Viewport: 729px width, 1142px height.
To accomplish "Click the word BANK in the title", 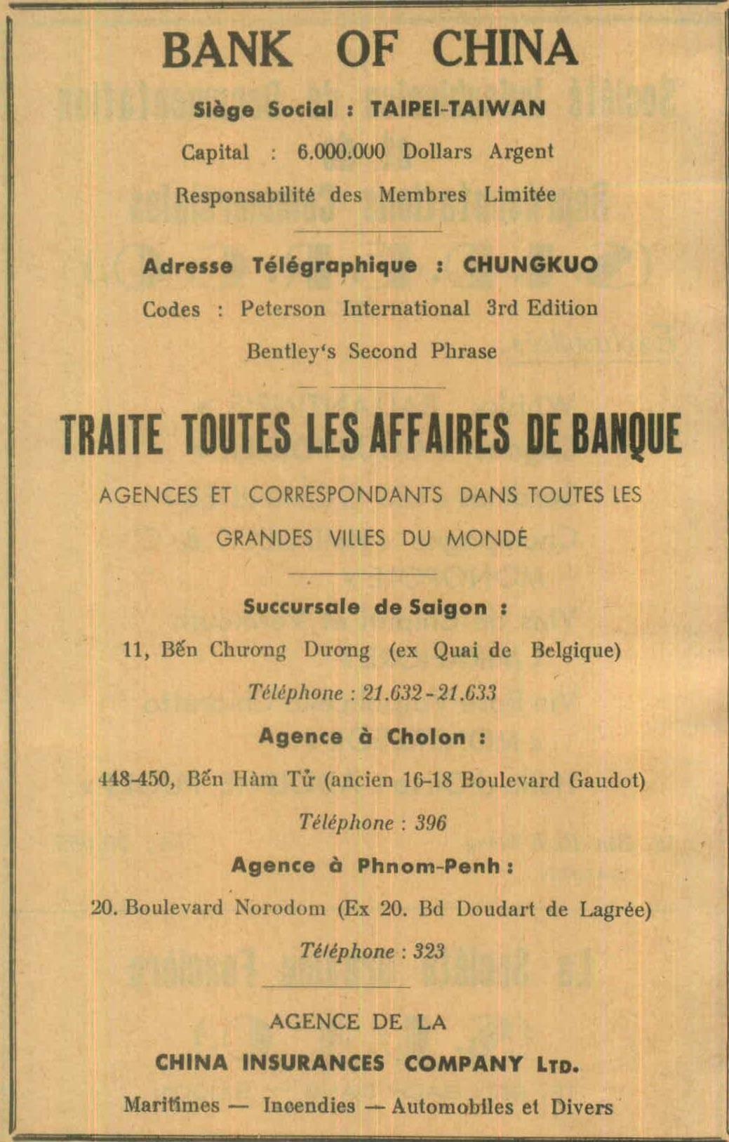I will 227,49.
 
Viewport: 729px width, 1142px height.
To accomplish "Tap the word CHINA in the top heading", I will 504,49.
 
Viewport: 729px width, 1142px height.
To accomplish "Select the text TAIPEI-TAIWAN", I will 457,109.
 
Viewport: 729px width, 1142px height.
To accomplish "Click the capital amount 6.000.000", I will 341,152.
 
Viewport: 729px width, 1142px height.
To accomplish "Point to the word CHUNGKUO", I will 530,265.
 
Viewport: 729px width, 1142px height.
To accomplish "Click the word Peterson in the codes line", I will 283,309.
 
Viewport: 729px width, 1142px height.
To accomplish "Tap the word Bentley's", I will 290,351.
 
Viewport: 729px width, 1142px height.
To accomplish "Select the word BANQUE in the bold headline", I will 627,434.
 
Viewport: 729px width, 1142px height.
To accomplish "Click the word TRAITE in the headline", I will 112,434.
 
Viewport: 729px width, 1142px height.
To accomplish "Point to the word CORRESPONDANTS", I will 345,495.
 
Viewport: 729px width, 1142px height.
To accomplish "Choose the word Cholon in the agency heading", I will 426,737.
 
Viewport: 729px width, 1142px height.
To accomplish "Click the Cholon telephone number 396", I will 430,823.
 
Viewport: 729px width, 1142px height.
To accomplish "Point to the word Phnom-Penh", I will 429,865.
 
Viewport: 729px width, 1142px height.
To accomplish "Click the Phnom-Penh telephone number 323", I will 429,952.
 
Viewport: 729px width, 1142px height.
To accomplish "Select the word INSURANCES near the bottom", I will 313,1063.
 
